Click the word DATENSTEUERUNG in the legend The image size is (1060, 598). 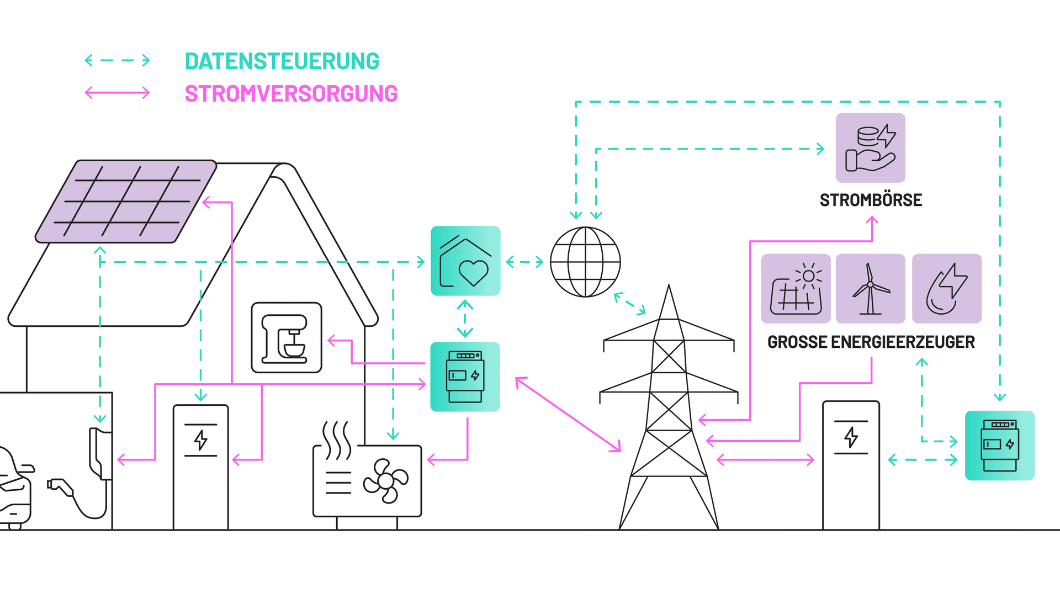282,61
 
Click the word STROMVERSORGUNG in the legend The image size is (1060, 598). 291,94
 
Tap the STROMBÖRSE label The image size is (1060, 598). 871,200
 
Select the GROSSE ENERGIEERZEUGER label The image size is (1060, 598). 871,342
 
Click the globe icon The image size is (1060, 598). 585,262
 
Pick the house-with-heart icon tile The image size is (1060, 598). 465,261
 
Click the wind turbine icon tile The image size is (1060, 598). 871,288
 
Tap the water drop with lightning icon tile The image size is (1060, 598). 947,288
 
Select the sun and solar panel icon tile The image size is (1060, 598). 796,288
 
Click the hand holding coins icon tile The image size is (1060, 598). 871,148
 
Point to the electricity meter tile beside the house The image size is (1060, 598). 465,377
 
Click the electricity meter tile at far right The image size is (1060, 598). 1000,446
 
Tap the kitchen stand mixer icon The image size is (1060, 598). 287,337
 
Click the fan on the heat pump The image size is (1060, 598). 386,481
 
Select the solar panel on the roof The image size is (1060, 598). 126,202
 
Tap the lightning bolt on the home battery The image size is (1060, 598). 201,440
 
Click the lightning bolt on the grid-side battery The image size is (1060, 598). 851,437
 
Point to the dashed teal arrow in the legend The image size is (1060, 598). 117,60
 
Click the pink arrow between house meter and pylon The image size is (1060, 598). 568,415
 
